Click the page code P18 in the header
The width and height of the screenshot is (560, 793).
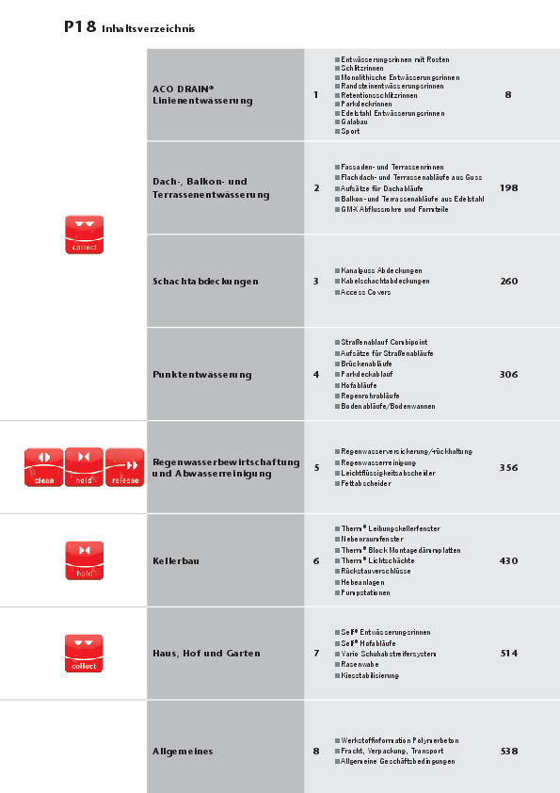tap(80, 27)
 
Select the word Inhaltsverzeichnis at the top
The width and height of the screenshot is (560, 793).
tap(148, 29)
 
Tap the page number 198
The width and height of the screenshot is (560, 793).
tap(508, 188)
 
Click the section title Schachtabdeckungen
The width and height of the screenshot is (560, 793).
tap(205, 282)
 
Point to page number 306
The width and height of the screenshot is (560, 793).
tap(508, 375)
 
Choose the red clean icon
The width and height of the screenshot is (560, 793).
tap(43, 467)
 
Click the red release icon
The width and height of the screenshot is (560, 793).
tap(125, 467)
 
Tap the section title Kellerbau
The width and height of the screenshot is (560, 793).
tap(176, 561)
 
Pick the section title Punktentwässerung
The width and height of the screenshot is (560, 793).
tap(202, 375)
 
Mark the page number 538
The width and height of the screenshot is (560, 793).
tap(508, 752)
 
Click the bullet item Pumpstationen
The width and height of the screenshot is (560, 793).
tap(366, 592)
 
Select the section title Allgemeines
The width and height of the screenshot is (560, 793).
tap(183, 752)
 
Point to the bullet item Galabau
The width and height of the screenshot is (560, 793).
tap(355, 122)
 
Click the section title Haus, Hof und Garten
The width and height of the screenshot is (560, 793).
tap(206, 654)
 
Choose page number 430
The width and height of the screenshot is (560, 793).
tap(508, 561)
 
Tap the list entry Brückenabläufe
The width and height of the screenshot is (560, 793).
tap(367, 364)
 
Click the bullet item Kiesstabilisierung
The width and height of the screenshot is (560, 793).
tap(370, 675)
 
